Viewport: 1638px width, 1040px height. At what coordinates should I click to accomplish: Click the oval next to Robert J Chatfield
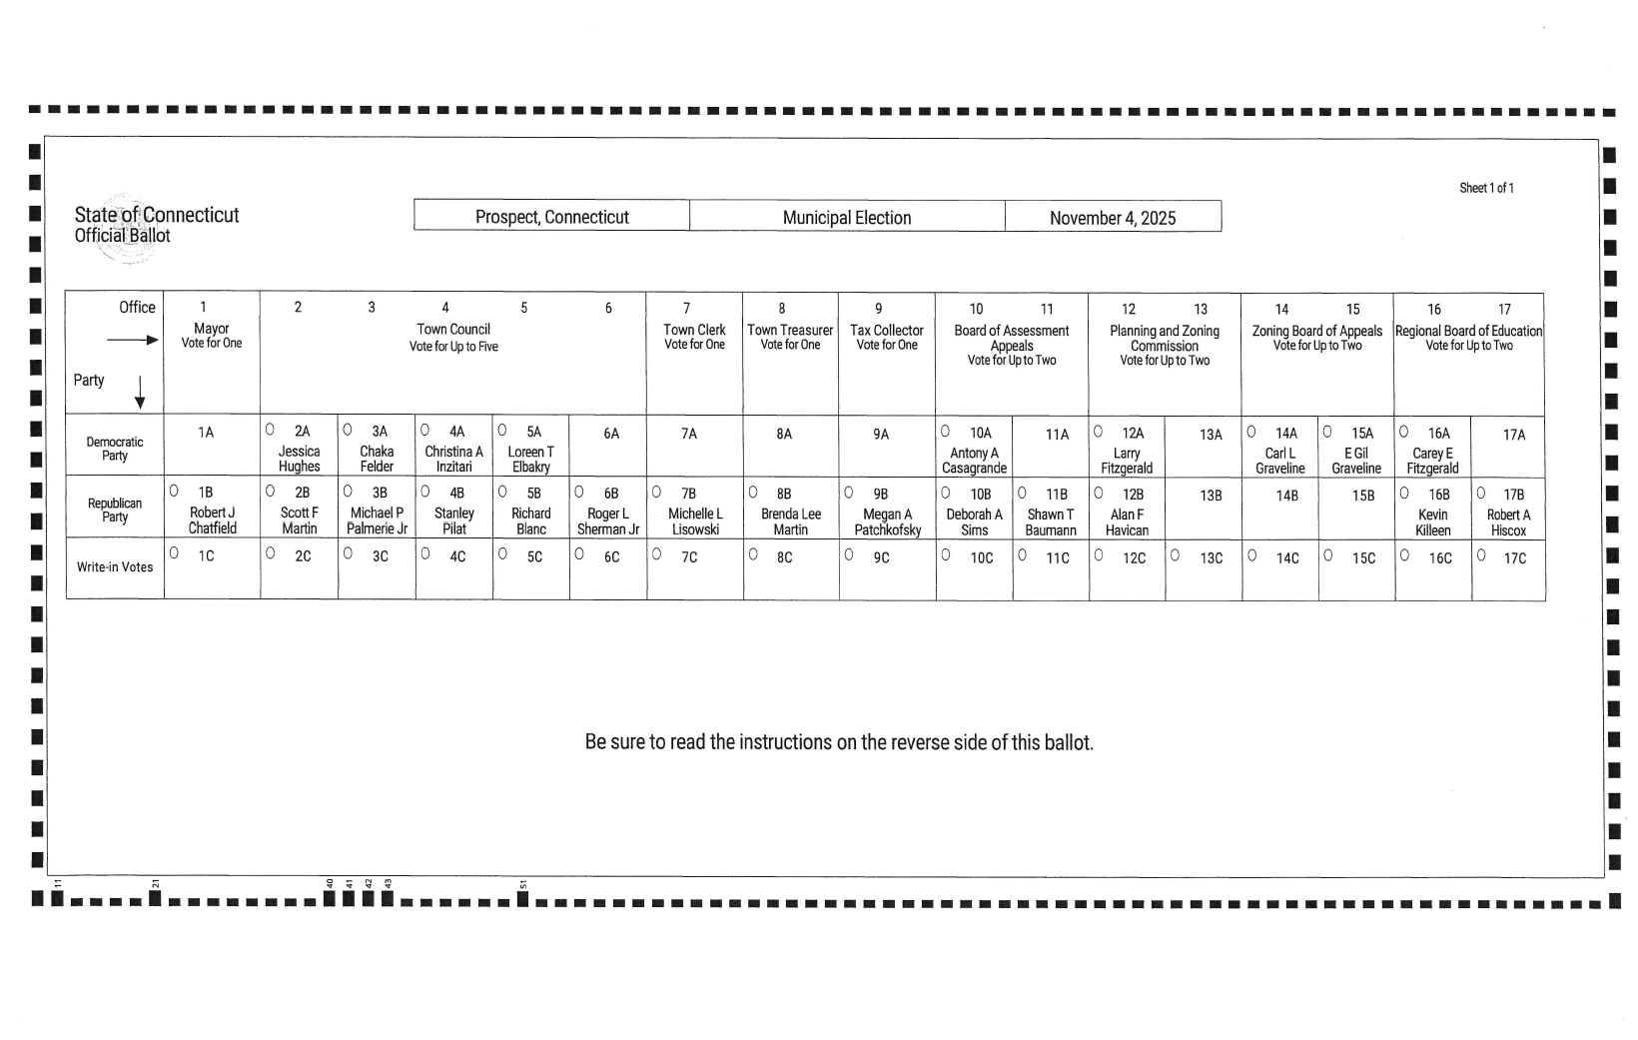click(174, 491)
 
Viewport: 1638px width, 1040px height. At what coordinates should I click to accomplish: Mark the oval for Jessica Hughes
click(270, 430)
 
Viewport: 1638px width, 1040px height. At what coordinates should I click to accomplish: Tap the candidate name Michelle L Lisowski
click(695, 521)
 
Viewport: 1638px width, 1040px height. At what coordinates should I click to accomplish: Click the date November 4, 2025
click(1113, 218)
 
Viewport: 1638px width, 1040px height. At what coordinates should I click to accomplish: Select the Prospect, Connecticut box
click(551, 217)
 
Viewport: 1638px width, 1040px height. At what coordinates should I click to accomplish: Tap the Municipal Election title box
click(847, 218)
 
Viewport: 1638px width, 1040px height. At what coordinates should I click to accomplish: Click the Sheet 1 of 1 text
click(1486, 188)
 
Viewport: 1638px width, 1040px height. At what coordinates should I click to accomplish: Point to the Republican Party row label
click(115, 510)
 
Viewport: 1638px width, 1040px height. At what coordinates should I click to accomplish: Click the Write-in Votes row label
click(115, 567)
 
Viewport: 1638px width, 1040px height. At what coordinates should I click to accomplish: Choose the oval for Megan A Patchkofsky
click(849, 492)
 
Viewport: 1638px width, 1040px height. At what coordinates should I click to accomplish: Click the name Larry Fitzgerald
click(1127, 461)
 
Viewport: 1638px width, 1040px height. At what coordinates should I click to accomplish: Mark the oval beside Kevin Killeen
click(1404, 493)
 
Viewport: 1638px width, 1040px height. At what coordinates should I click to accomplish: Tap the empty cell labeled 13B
click(1211, 496)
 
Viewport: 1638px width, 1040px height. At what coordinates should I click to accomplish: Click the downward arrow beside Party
click(140, 392)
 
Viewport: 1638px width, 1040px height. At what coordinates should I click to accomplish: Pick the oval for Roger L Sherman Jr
click(578, 492)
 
